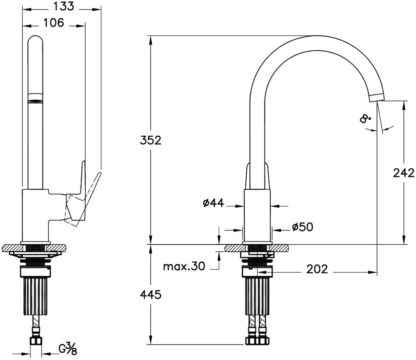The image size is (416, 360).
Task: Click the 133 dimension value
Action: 64,6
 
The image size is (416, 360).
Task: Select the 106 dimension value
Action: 54,23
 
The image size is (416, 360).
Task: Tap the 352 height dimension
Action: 151,140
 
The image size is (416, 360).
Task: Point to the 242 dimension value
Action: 404,173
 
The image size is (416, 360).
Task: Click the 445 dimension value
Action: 151,295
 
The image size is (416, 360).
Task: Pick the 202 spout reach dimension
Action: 317,269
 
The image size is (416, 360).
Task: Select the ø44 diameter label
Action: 213,203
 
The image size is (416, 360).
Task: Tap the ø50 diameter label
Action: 302,227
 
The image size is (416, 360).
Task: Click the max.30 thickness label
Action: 184,266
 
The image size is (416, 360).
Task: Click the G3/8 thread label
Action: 68,349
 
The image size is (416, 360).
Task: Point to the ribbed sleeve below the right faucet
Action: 257,296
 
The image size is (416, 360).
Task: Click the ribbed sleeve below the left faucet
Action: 35,296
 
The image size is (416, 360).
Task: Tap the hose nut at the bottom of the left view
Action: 35,340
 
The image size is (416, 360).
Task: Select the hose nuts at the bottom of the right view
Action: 257,340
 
